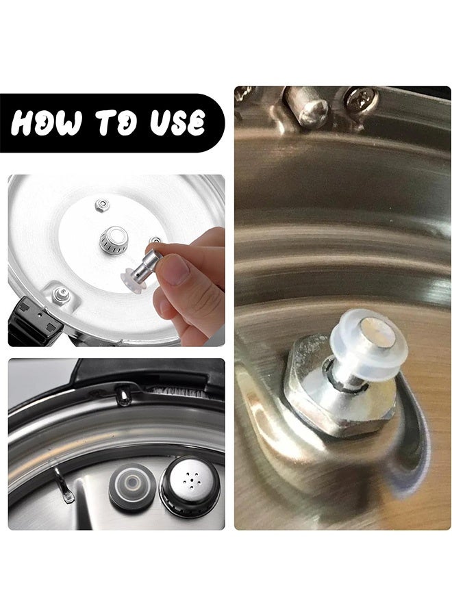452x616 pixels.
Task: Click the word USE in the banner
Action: tap(179, 123)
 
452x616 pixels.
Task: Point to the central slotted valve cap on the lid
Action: tap(114, 240)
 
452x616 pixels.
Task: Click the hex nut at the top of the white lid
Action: tap(103, 204)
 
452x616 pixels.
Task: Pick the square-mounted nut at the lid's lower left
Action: tap(61, 294)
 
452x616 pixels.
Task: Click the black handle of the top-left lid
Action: tap(31, 322)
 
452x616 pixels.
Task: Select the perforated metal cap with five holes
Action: tap(190, 489)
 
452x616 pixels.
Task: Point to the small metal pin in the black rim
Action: tap(123, 395)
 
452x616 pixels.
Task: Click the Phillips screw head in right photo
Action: tap(360, 99)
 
